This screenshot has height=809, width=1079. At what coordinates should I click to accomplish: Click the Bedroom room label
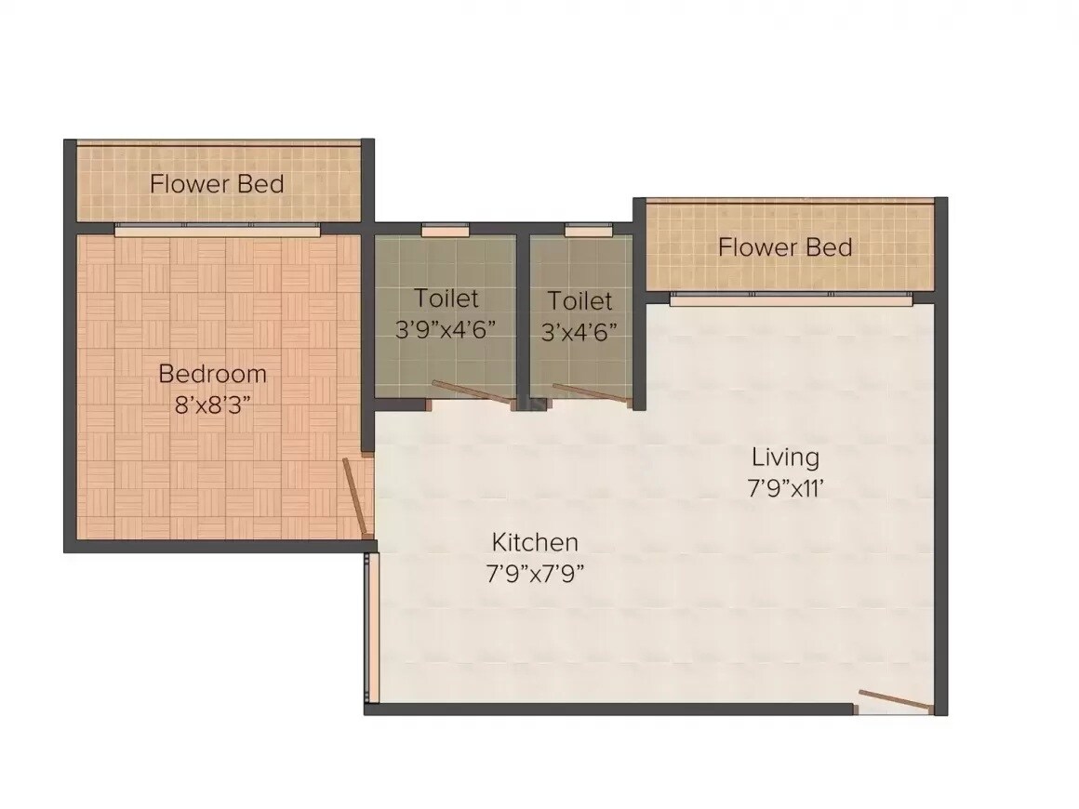click(212, 374)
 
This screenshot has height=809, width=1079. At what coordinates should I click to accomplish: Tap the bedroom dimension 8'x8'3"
click(212, 405)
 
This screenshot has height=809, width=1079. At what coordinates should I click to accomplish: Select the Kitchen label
click(535, 541)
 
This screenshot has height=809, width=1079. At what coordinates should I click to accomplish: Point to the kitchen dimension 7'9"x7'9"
click(535, 573)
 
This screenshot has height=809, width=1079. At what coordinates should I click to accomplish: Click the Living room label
click(785, 457)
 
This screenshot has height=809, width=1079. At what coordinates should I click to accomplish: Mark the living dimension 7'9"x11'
click(785, 488)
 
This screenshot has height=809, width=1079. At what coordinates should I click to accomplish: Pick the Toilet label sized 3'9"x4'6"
click(446, 298)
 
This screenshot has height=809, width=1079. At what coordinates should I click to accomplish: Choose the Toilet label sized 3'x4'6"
click(579, 301)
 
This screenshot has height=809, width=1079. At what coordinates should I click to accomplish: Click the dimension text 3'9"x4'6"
click(446, 330)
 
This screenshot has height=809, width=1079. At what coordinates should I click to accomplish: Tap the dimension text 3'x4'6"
click(579, 332)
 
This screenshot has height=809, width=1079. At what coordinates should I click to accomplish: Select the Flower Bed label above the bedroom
click(217, 183)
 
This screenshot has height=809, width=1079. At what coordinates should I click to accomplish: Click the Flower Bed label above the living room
click(785, 247)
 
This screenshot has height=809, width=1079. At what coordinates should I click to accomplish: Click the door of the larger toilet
click(473, 393)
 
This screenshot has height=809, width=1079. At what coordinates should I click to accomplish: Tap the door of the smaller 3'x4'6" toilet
click(592, 394)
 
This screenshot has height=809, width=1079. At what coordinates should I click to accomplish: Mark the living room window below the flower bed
click(791, 299)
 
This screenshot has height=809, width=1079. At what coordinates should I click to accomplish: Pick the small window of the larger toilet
click(445, 228)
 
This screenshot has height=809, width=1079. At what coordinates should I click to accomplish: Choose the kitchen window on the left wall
click(371, 628)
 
